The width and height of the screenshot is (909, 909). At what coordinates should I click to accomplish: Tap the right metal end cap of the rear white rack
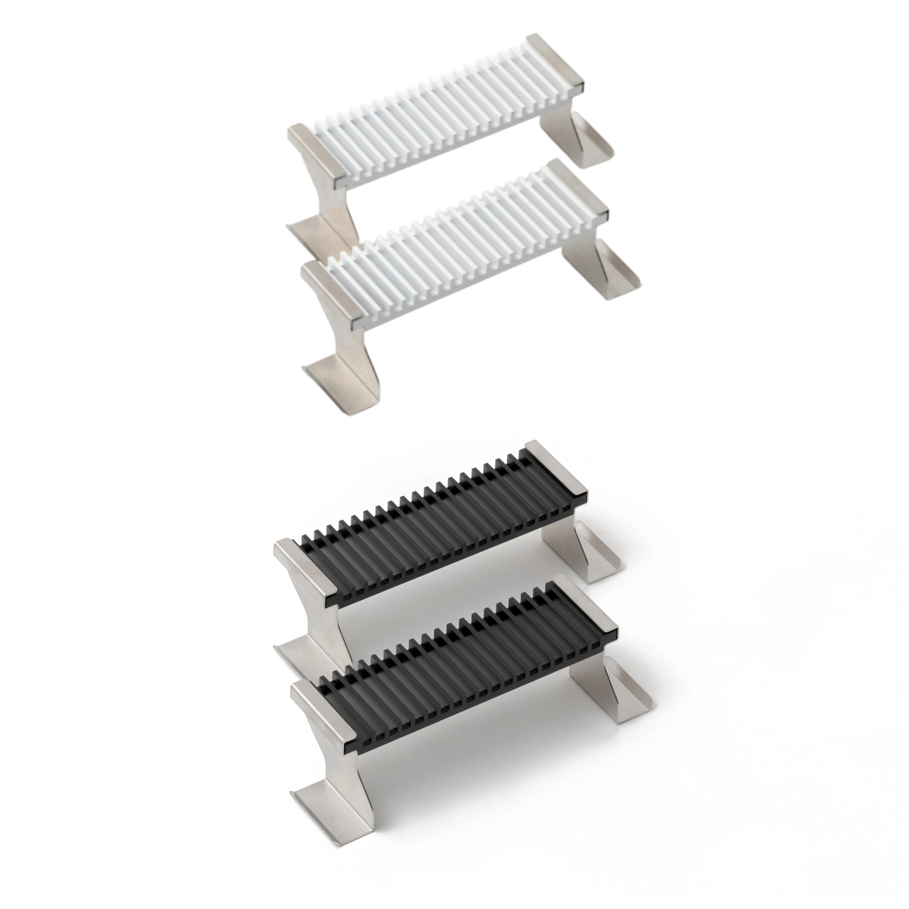click(x=556, y=62)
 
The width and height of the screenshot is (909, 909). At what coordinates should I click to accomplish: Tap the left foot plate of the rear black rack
click(x=302, y=654)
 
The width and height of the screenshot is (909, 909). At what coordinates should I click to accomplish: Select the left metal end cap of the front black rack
click(x=321, y=711)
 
